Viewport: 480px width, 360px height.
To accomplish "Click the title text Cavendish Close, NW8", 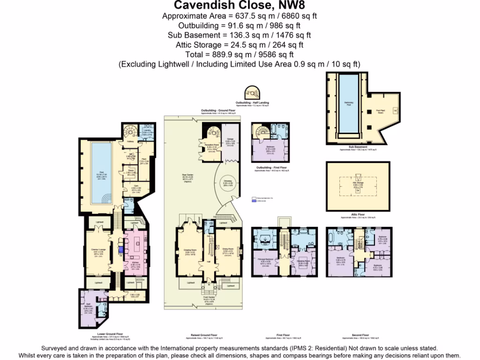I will click(240, 5).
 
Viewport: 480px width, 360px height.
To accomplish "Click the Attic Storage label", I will click(358, 184).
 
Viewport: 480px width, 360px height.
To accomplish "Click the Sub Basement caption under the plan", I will click(357, 147).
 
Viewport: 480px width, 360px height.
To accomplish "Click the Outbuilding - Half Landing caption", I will click(253, 102).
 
